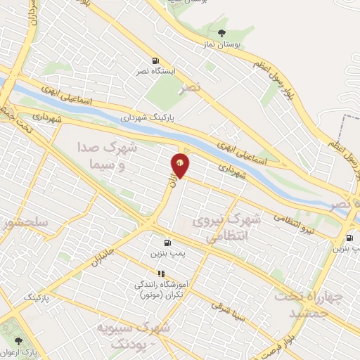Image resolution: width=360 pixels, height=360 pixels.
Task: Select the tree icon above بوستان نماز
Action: [x=222, y=32]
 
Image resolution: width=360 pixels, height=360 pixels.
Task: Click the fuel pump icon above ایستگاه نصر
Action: [x=155, y=61]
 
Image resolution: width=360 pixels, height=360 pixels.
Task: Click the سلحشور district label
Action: [x=25, y=224]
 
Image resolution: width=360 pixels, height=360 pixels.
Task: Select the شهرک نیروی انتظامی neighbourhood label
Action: [x=236, y=229]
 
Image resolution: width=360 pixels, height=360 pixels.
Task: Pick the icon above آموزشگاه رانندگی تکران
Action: [x=161, y=274]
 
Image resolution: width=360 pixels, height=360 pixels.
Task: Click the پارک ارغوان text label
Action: [x=21, y=350]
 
